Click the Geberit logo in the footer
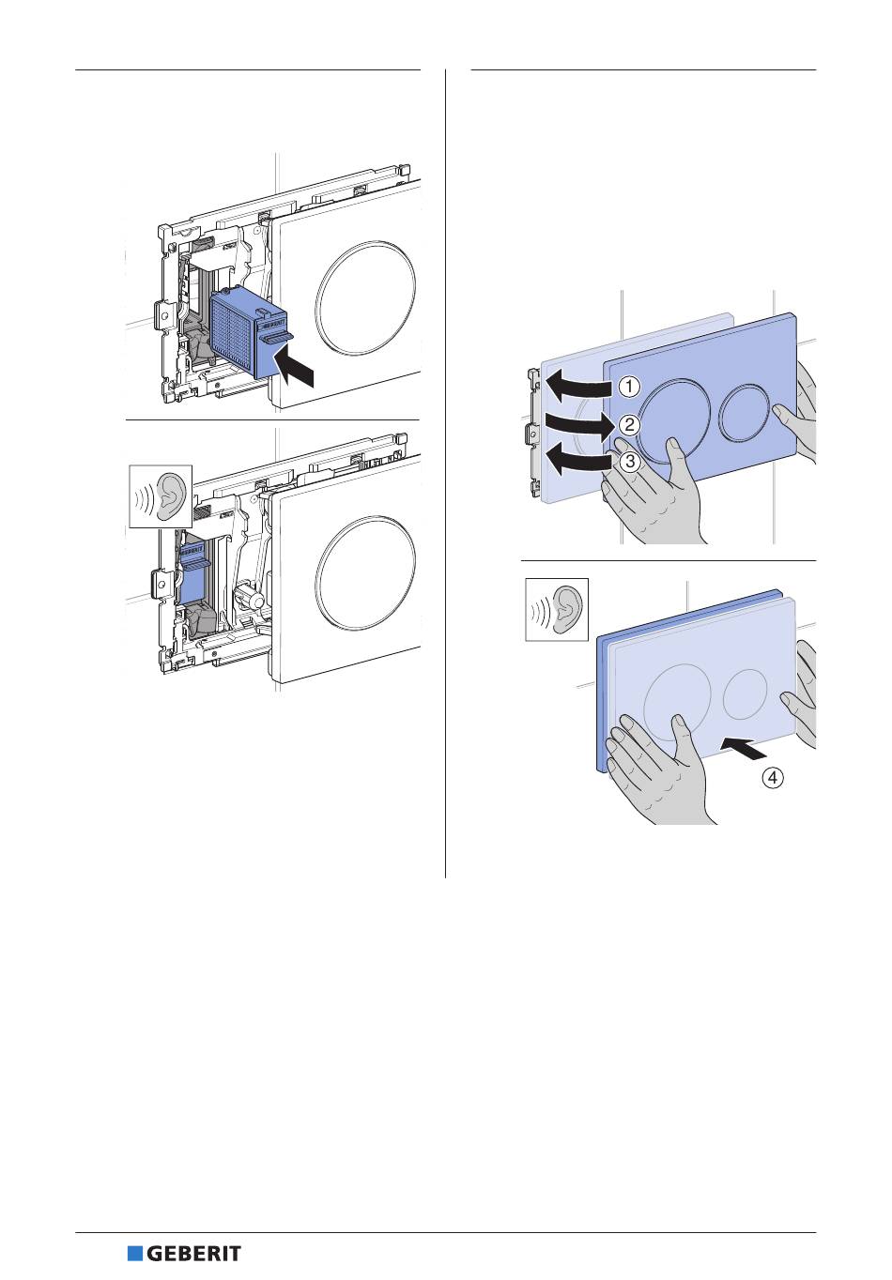tap(184, 1254)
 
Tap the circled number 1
tap(629, 386)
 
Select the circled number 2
tap(630, 424)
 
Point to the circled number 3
tap(630, 461)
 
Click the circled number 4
tap(773, 778)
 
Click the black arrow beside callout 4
tap(743, 748)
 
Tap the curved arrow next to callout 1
tap(577, 383)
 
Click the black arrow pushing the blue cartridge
tap(295, 368)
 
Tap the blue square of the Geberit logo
tap(134, 1254)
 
